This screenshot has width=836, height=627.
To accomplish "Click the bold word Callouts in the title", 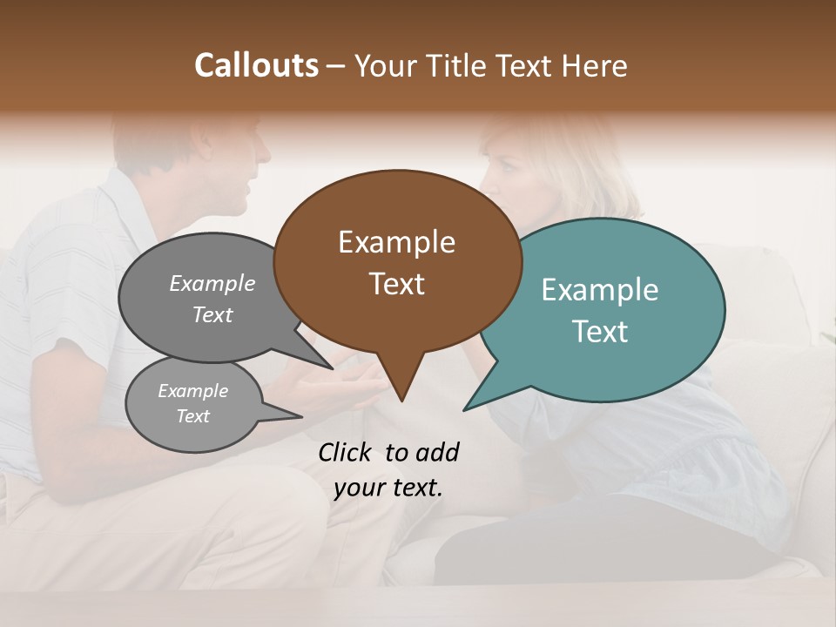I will tap(256, 65).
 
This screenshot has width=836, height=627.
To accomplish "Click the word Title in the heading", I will tap(458, 65).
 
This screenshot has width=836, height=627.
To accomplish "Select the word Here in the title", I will tap(594, 65).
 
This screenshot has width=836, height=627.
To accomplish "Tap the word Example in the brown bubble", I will tap(396, 242).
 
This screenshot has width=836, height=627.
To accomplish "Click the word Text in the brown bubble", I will tap(397, 284).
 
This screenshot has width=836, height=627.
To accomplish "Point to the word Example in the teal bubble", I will tap(600, 290).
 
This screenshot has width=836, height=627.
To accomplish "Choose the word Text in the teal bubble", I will tap(600, 331).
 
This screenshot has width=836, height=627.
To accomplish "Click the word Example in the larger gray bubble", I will tap(212, 283).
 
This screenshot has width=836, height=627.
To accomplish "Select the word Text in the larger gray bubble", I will tap(212, 314).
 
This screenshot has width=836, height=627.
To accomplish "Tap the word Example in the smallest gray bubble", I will tap(193, 391).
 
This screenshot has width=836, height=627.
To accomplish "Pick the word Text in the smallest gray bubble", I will tap(193, 416).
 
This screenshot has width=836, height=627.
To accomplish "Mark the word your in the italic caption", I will tap(359, 488).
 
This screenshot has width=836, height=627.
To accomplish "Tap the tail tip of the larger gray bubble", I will tap(330, 367).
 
